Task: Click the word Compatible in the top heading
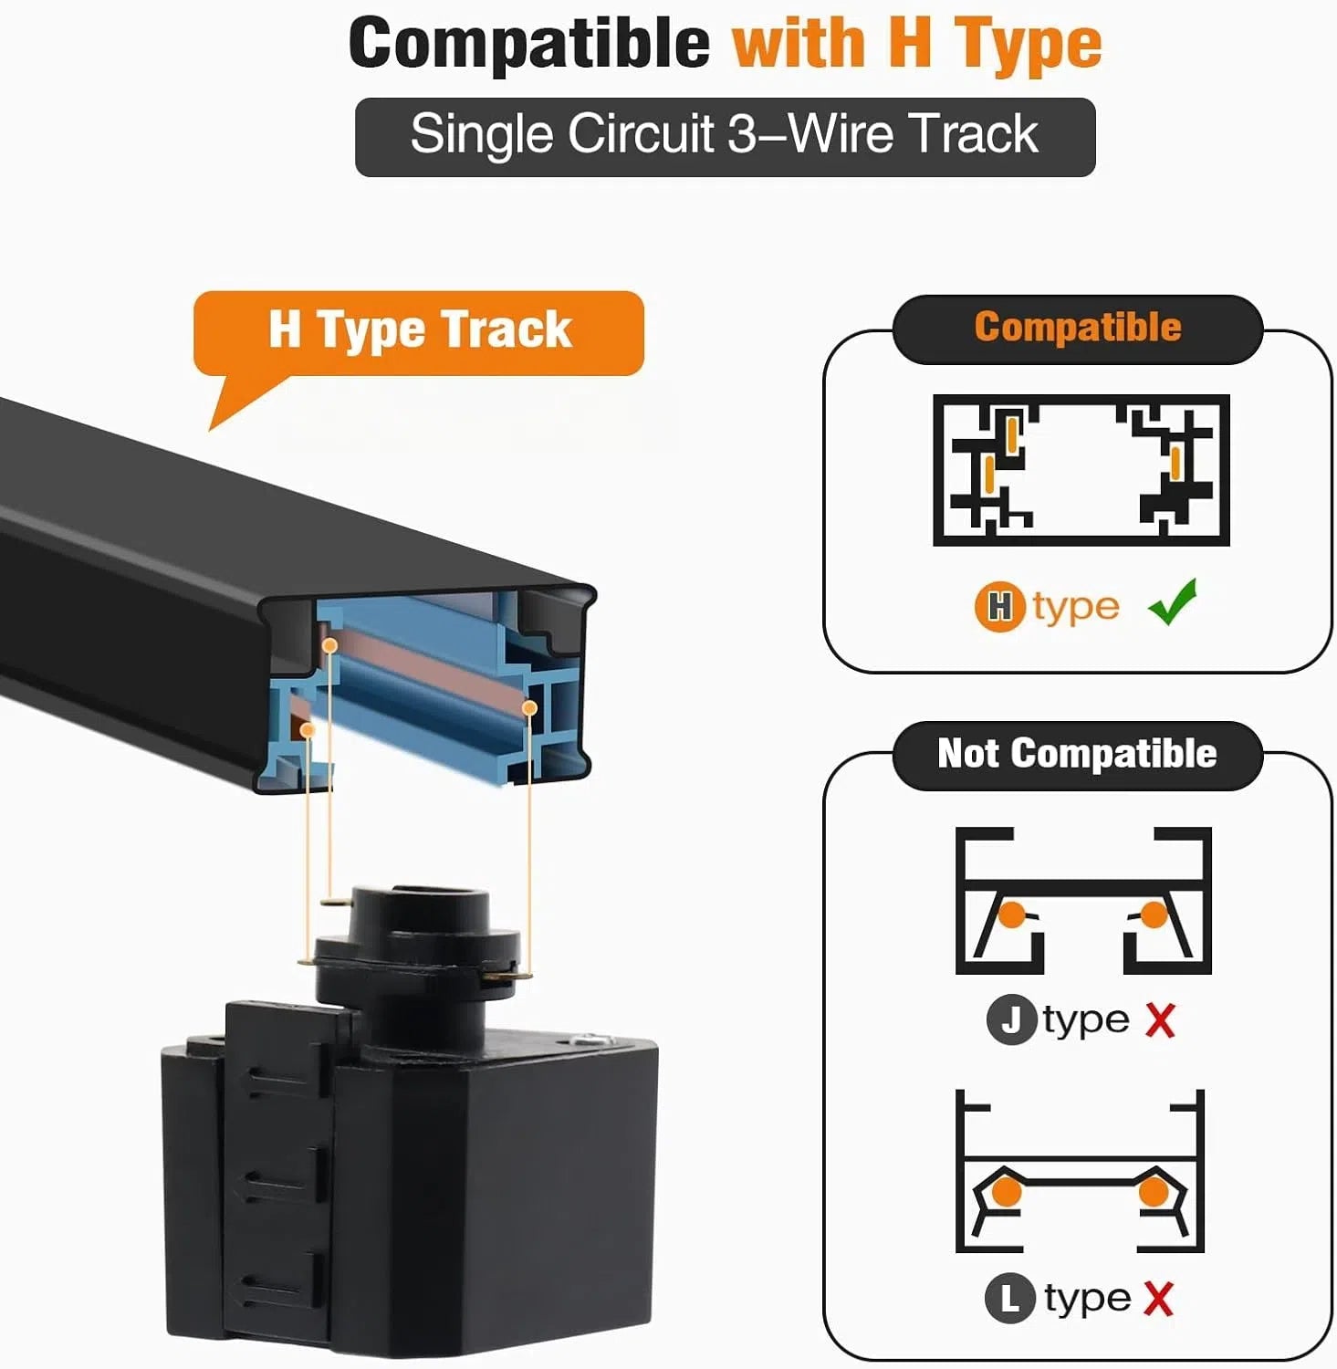click(x=529, y=43)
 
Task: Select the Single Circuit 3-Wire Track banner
click(x=725, y=137)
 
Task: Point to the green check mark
click(x=1173, y=602)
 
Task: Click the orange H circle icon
click(x=1000, y=607)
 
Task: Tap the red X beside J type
click(x=1160, y=1019)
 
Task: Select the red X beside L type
click(x=1158, y=1298)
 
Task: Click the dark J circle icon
click(x=1011, y=1019)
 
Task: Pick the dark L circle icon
click(x=1010, y=1298)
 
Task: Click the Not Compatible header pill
click(x=1077, y=755)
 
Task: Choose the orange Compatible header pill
click(x=1077, y=329)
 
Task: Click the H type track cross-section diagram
click(x=1081, y=470)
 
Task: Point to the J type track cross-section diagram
click(x=1083, y=901)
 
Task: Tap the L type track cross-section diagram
click(x=1081, y=1171)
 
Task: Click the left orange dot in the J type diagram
click(x=1011, y=914)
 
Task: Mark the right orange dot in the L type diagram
click(x=1154, y=1192)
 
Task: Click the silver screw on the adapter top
click(x=590, y=1040)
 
